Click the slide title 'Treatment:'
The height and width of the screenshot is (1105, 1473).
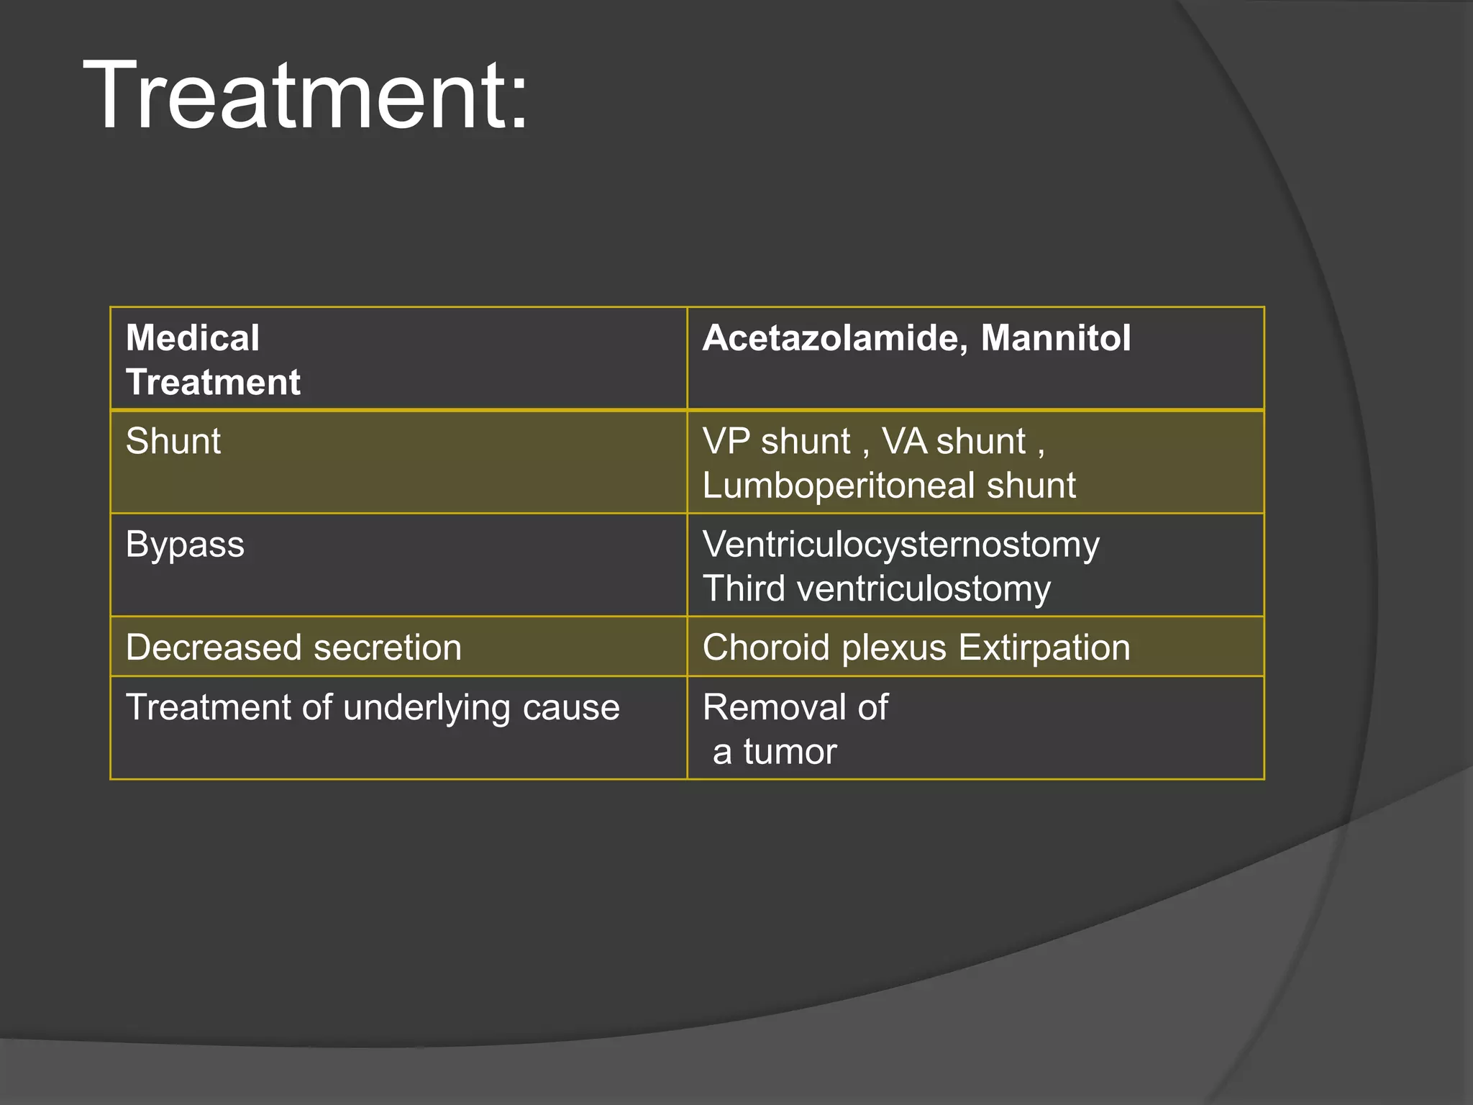pyautogui.click(x=306, y=96)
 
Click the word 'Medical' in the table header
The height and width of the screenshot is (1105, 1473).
pyautogui.click(x=193, y=338)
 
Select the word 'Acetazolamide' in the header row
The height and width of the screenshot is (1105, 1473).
pyautogui.click(x=834, y=338)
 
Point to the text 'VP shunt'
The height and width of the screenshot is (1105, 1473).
pyautogui.click(x=776, y=441)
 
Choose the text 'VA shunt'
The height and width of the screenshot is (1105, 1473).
pyautogui.click(x=954, y=441)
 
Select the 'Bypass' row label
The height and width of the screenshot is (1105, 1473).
pyautogui.click(x=185, y=545)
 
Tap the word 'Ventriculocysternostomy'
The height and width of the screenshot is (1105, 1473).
pyautogui.click(x=900, y=545)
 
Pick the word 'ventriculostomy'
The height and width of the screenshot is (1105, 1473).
pyautogui.click(x=924, y=589)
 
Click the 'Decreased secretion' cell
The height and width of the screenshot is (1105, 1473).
pyautogui.click(x=293, y=647)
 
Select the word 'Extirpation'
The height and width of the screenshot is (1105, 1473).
pyautogui.click(x=1044, y=647)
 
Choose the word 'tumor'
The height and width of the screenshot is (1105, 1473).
pyautogui.click(x=790, y=752)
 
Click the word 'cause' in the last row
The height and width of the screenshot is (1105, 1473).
pyautogui.click(x=571, y=708)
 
